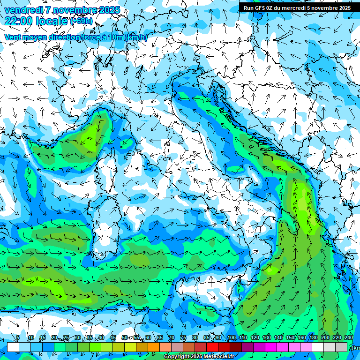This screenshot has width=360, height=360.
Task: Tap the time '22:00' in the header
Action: pyautogui.click(x=19, y=21)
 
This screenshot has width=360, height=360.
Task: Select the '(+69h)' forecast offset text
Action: pyautogui.click(x=82, y=22)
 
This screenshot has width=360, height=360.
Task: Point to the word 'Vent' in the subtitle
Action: pyautogui.click(x=13, y=37)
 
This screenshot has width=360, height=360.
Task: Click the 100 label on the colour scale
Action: pyautogui.click(x=232, y=338)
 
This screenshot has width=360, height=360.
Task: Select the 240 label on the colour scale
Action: pyautogui.click(x=348, y=338)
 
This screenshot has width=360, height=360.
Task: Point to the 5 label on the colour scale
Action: pyautogui.click(x=18, y=338)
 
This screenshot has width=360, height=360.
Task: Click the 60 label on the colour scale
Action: pyautogui.click(x=148, y=338)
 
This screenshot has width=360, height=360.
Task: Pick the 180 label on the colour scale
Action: pyautogui.click(x=313, y=338)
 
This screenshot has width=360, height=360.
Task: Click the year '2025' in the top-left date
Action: pyautogui.click(x=107, y=10)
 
